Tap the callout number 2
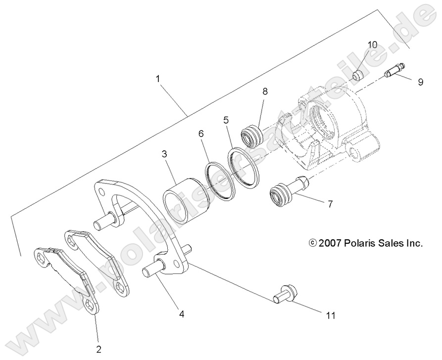pyautogui.click(x=99, y=350)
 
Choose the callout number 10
pyautogui.click(x=372, y=45)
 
